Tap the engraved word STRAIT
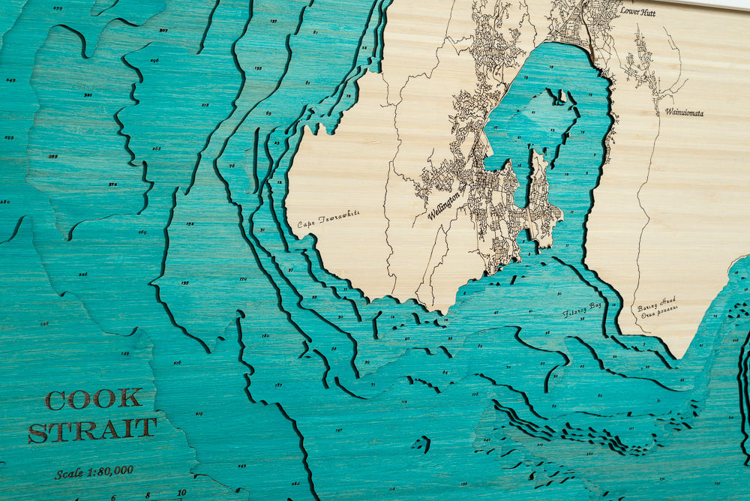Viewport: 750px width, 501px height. click(x=93, y=430)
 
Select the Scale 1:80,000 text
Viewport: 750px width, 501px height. click(x=94, y=472)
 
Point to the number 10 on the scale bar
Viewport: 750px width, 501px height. click(x=181, y=493)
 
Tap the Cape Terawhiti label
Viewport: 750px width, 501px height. click(x=328, y=219)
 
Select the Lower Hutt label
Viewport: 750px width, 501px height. click(x=637, y=12)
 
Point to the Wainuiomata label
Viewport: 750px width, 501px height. click(x=683, y=112)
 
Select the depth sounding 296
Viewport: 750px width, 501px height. click(x=154, y=60)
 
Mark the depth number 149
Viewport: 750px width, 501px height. click(x=124, y=352)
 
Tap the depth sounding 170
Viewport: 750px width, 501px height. click(x=242, y=279)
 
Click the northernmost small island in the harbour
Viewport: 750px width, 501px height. click(x=556, y=95)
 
